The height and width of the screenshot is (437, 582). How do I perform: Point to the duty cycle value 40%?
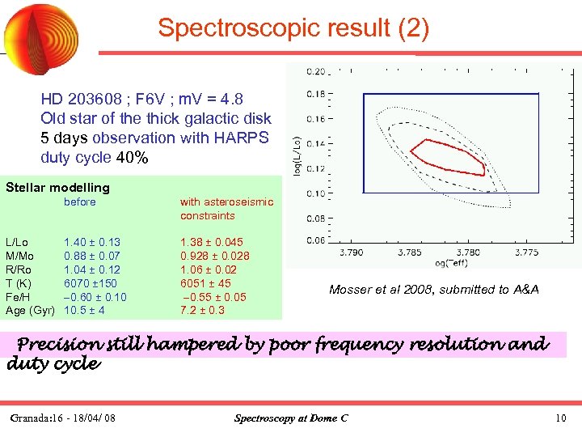133,157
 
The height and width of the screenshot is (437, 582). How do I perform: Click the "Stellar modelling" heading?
57,188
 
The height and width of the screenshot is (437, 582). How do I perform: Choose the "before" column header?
80,202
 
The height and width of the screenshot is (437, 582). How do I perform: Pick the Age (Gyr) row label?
30,311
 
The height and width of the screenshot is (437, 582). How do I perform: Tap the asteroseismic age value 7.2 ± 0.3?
202,311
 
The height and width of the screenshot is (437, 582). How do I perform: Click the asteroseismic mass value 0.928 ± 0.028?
214,256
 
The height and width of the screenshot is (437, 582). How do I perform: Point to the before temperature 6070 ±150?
91,283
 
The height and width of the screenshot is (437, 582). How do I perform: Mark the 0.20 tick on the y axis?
316,70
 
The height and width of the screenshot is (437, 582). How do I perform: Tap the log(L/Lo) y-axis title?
297,153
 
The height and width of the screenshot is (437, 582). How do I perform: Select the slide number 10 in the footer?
561,418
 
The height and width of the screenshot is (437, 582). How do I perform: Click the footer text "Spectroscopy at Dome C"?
290,418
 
